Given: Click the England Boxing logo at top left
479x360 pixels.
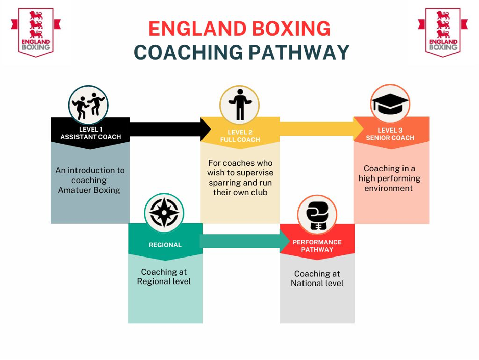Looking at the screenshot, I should (36, 32).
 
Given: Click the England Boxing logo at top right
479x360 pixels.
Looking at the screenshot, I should (443, 32).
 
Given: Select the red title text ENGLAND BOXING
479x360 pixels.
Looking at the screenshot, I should (239, 29).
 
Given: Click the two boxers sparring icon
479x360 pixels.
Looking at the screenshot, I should (88, 106).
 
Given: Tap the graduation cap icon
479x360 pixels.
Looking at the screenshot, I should (390, 104).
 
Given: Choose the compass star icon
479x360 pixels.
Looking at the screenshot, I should (164, 213).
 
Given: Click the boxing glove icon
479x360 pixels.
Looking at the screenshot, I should (317, 215).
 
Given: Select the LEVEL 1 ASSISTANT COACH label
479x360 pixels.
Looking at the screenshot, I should (90, 133).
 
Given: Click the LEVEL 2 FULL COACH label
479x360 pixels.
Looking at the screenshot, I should (240, 136).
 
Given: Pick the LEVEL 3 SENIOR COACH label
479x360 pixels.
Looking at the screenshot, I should (390, 134).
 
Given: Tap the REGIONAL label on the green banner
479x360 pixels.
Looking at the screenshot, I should (165, 245).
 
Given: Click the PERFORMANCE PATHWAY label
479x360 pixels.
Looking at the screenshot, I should (317, 246).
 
